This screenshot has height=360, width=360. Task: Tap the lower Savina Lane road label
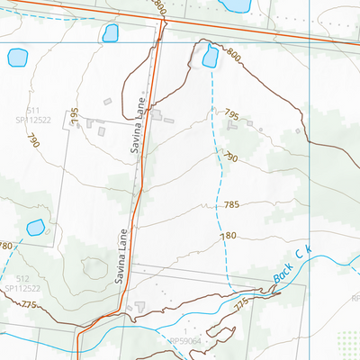tap(123, 256)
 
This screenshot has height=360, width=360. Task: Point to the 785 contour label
tap(231, 205)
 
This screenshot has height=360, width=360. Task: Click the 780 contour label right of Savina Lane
tap(228, 236)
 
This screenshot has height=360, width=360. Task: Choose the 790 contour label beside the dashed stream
tap(229, 157)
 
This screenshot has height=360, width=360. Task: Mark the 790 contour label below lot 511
tap(34, 141)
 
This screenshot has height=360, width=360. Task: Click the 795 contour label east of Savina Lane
tap(231, 115)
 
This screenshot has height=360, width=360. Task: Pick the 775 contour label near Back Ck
tap(240, 306)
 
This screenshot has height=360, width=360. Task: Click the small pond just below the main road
tap(111, 33)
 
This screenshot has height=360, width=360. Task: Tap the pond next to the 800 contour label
tap(210, 56)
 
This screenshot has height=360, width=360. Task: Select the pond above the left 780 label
tap(35, 227)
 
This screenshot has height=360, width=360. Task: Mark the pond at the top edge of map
tap(236, 5)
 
